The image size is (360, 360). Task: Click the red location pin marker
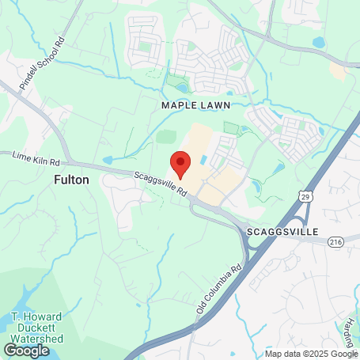click(181, 164)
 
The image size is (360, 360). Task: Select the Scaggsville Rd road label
click(160, 185)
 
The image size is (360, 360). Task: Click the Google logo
click(26, 349)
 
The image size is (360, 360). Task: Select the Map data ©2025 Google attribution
click(312, 354)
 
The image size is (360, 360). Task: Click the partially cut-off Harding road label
click(350, 324)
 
